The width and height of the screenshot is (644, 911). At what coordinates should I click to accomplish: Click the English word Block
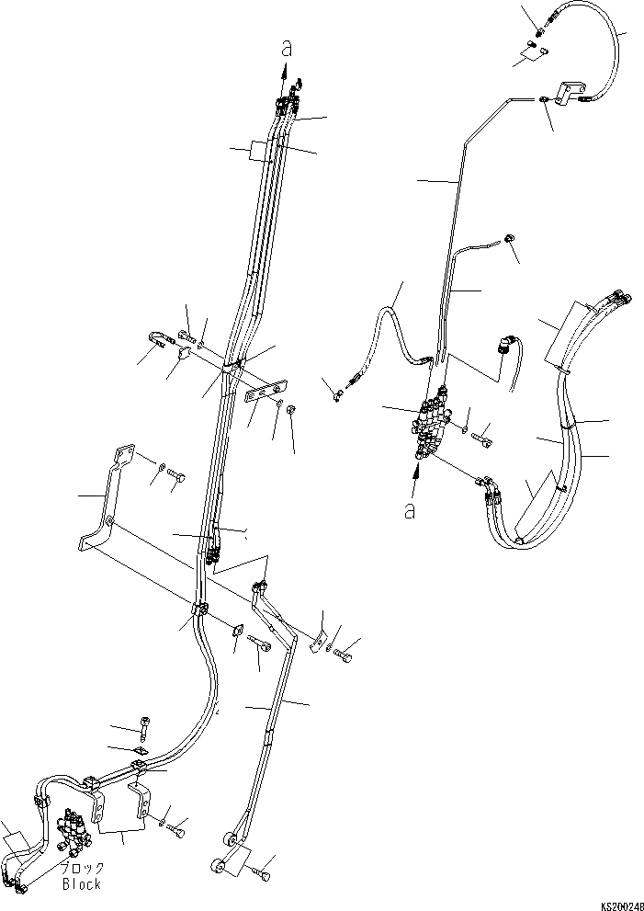[x=82, y=884]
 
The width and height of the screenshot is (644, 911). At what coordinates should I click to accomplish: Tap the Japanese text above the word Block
[x=82, y=869]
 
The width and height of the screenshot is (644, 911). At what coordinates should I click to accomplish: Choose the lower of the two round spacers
[x=219, y=866]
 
